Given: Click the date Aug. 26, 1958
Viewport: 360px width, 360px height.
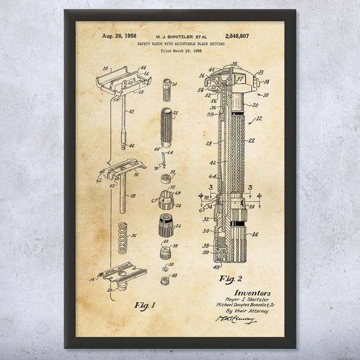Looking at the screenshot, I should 106,36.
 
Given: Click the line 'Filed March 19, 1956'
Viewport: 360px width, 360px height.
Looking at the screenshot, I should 181,51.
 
